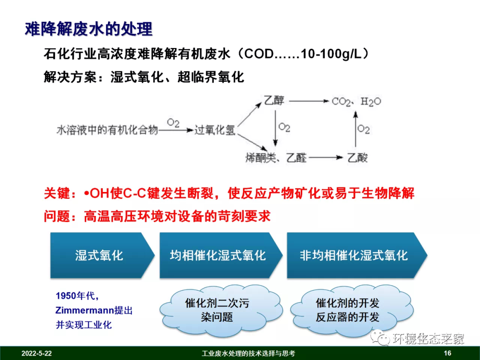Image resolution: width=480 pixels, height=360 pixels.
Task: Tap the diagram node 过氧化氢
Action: click(x=215, y=130)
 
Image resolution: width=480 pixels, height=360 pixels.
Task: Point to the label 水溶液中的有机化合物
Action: click(x=107, y=130)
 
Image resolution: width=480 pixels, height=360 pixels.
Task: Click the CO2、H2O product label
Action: click(x=356, y=102)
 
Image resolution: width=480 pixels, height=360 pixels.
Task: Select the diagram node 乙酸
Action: click(x=358, y=157)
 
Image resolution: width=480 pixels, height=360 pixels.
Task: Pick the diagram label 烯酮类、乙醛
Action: click(x=276, y=157)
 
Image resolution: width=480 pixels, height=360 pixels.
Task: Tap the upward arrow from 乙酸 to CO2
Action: click(x=355, y=129)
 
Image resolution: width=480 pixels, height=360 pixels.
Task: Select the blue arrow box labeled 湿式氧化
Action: click(x=99, y=255)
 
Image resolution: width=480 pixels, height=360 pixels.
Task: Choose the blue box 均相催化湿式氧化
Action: click(x=218, y=255)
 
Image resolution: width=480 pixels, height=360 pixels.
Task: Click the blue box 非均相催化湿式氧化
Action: click(x=353, y=255)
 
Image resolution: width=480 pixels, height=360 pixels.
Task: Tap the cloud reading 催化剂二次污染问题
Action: click(x=217, y=310)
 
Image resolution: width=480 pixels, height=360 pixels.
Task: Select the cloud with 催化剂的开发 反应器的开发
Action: click(x=348, y=310)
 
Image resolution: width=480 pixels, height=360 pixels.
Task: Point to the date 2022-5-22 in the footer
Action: click(x=36, y=353)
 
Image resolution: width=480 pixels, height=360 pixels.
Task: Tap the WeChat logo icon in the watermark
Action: click(x=380, y=338)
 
